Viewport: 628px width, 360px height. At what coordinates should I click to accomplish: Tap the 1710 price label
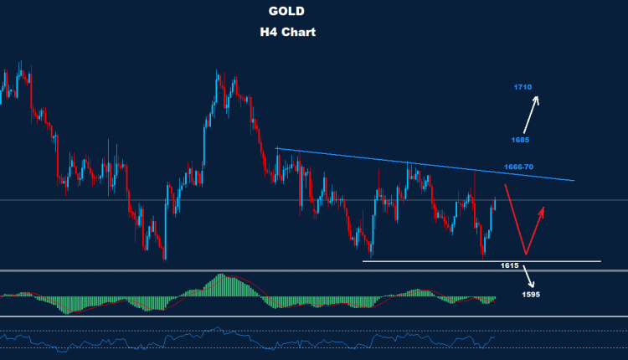pos(523,86)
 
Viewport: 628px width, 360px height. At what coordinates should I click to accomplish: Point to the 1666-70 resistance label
pos(519,167)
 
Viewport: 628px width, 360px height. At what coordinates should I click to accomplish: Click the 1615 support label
pos(509,265)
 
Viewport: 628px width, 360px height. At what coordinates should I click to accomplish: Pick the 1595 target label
pos(530,294)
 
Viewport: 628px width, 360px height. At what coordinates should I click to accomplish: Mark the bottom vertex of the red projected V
pos(525,253)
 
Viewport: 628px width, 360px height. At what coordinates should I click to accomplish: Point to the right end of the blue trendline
pos(574,180)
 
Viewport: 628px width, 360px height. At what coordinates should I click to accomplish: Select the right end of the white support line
pos(600,261)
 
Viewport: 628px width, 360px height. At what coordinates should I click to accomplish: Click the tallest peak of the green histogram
pos(221,276)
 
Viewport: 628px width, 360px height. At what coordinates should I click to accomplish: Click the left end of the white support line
pos(363,261)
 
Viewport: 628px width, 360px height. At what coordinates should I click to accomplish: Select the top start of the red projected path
pos(506,183)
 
